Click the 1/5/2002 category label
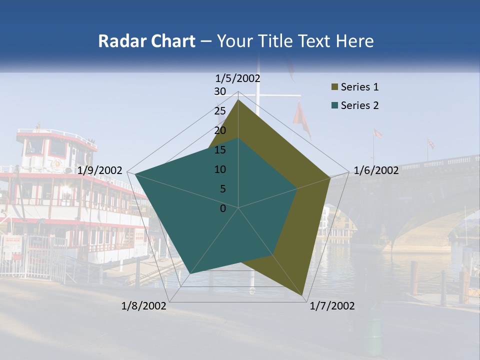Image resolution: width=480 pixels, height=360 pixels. point(237,78)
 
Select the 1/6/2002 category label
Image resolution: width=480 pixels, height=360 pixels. point(376,170)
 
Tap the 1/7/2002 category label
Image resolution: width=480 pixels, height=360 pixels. point(332,306)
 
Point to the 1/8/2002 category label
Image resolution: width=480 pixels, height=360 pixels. point(144,306)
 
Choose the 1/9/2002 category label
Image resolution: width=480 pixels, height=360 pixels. point(100,170)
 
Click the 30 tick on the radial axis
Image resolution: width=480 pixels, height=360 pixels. point(220,91)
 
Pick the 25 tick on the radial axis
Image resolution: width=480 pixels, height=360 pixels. point(220,111)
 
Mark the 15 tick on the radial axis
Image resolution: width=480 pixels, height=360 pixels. point(220,150)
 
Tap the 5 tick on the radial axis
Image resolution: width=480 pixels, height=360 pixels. point(223,189)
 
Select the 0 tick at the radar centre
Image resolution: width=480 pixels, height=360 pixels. point(223,208)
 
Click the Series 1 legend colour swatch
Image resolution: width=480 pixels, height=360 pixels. point(334,87)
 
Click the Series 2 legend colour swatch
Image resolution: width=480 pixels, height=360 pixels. point(334,106)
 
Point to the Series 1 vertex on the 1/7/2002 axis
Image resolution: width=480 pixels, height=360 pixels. point(303,295)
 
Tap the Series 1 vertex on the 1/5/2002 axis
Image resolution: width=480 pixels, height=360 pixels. point(238,100)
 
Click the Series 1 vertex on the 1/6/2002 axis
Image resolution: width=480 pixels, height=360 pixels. point(330,177)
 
